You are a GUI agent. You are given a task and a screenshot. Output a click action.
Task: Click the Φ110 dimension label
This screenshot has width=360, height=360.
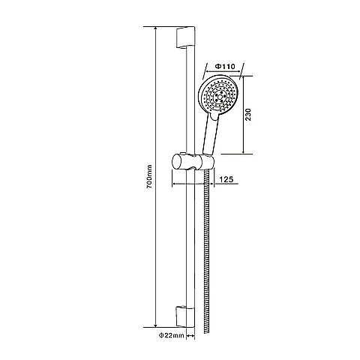[x=225, y=66]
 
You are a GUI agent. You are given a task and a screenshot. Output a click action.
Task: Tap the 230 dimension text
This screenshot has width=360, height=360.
[x=248, y=115]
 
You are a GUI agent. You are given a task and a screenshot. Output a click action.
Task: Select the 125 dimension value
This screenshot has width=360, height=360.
[x=226, y=179]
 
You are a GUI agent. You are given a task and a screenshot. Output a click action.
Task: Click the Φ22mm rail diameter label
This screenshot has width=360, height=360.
[x=172, y=335]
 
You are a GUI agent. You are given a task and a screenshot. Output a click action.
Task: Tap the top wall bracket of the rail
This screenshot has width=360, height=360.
[x=185, y=37]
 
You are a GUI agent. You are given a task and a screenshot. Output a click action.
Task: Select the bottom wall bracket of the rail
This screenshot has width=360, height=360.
[x=185, y=316]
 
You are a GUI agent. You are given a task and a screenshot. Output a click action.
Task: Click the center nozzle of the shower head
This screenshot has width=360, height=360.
[x=220, y=96]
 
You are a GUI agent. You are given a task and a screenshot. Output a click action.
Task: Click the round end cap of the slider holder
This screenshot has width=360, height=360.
[x=176, y=162]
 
